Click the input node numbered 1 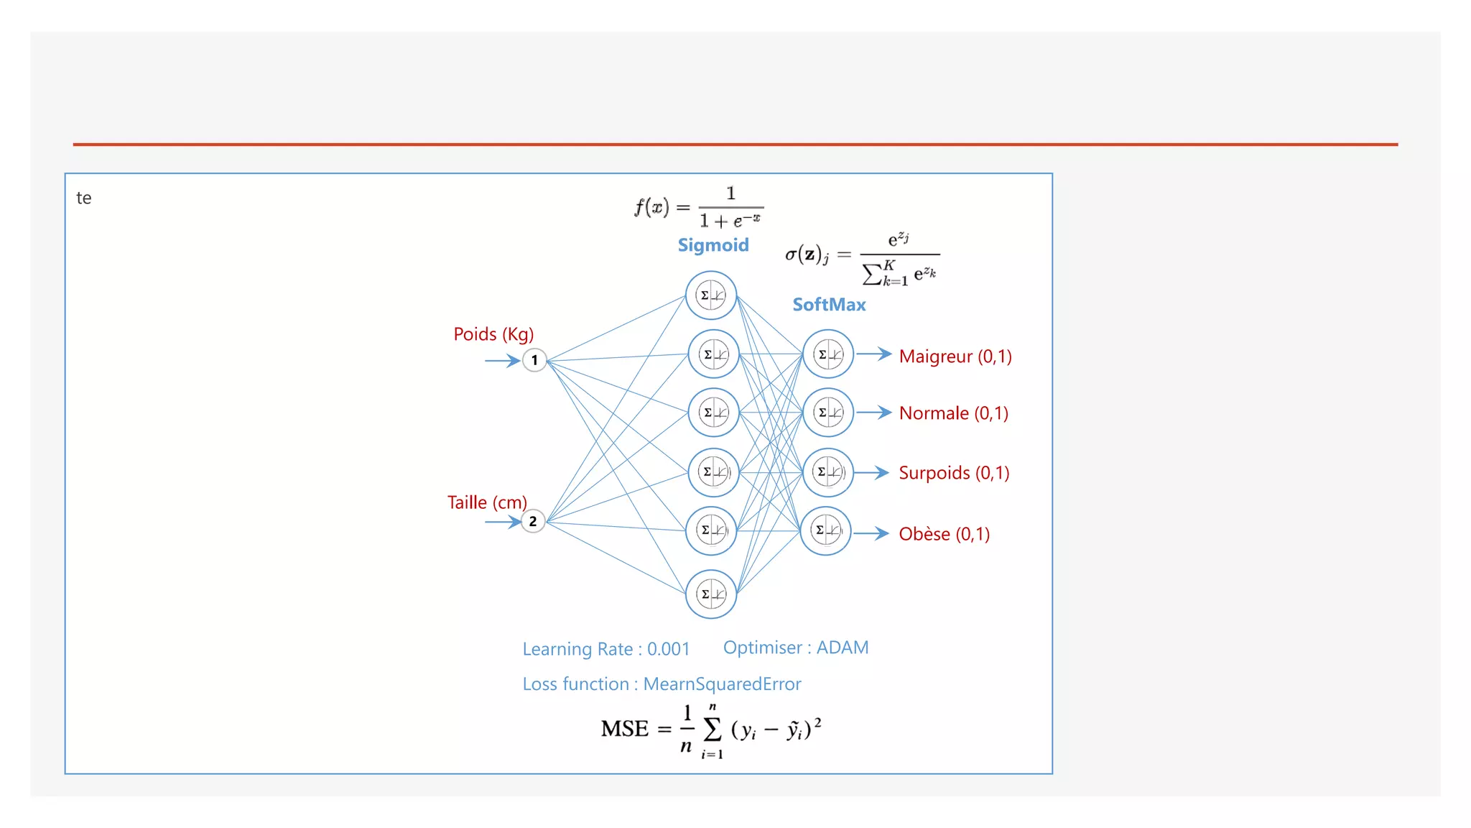pyautogui.click(x=534, y=360)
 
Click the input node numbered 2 pyautogui.click(x=533, y=521)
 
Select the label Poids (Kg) pyautogui.click(x=493, y=334)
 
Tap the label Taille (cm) pyautogui.click(x=487, y=502)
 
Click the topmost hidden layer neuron pyautogui.click(x=711, y=295)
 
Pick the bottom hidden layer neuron pyautogui.click(x=711, y=594)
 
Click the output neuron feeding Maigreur pyautogui.click(x=828, y=354)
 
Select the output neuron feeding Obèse pyautogui.click(x=826, y=531)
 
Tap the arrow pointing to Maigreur pyautogui.click(x=873, y=354)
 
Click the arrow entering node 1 pyautogui.click(x=502, y=360)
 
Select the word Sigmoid pyautogui.click(x=713, y=245)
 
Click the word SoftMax pyautogui.click(x=829, y=305)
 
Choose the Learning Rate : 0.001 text pyautogui.click(x=605, y=649)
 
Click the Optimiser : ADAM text pyautogui.click(x=796, y=648)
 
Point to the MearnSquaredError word pyautogui.click(x=722, y=684)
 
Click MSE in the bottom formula pyautogui.click(x=624, y=729)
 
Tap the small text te pyautogui.click(x=84, y=198)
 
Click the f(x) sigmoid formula pyautogui.click(x=698, y=207)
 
